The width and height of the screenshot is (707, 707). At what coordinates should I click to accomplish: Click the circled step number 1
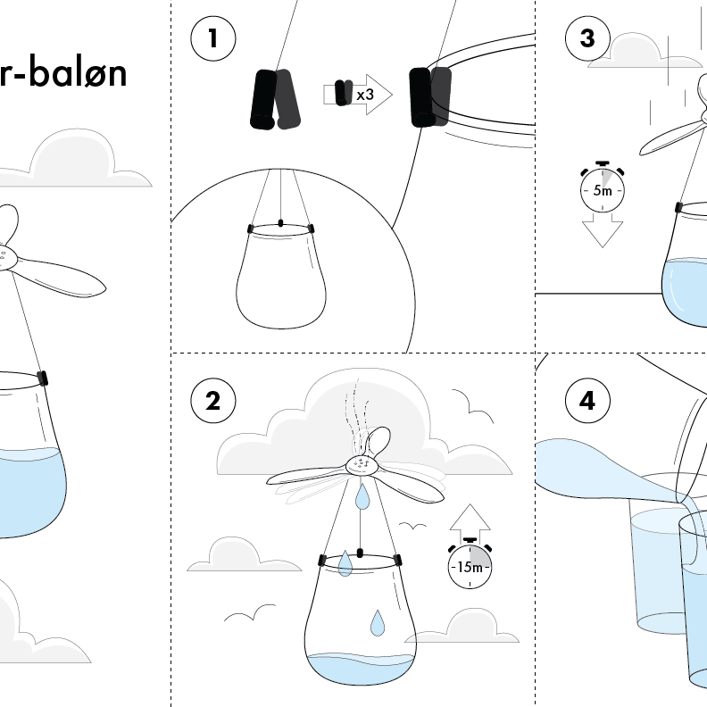212,38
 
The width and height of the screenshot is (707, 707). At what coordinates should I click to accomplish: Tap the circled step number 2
212,401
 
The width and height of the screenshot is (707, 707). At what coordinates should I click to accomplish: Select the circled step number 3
587,38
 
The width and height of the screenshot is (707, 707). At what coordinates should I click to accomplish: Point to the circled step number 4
587,401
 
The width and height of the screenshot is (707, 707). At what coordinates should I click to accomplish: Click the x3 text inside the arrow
364,94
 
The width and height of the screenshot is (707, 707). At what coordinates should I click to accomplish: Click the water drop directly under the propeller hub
362,496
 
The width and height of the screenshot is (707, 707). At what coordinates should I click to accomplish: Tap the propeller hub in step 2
361,463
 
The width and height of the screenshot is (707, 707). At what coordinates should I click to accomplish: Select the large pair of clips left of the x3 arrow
272,98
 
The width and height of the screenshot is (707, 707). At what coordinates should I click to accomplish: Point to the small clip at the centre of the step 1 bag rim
281,222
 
